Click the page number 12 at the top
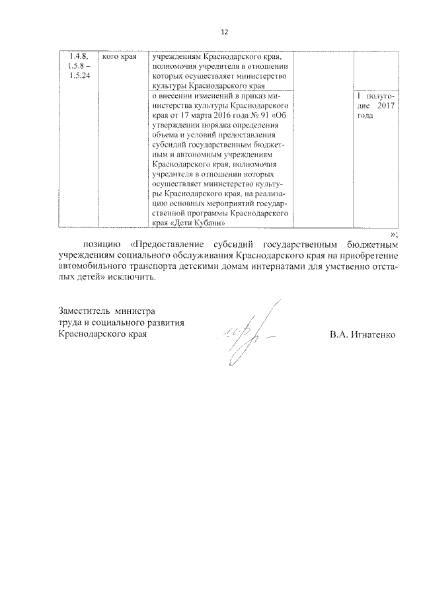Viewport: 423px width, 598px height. [x=224, y=32]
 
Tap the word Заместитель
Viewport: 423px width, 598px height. [x=83, y=311]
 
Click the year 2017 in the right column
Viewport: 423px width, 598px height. [x=385, y=106]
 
